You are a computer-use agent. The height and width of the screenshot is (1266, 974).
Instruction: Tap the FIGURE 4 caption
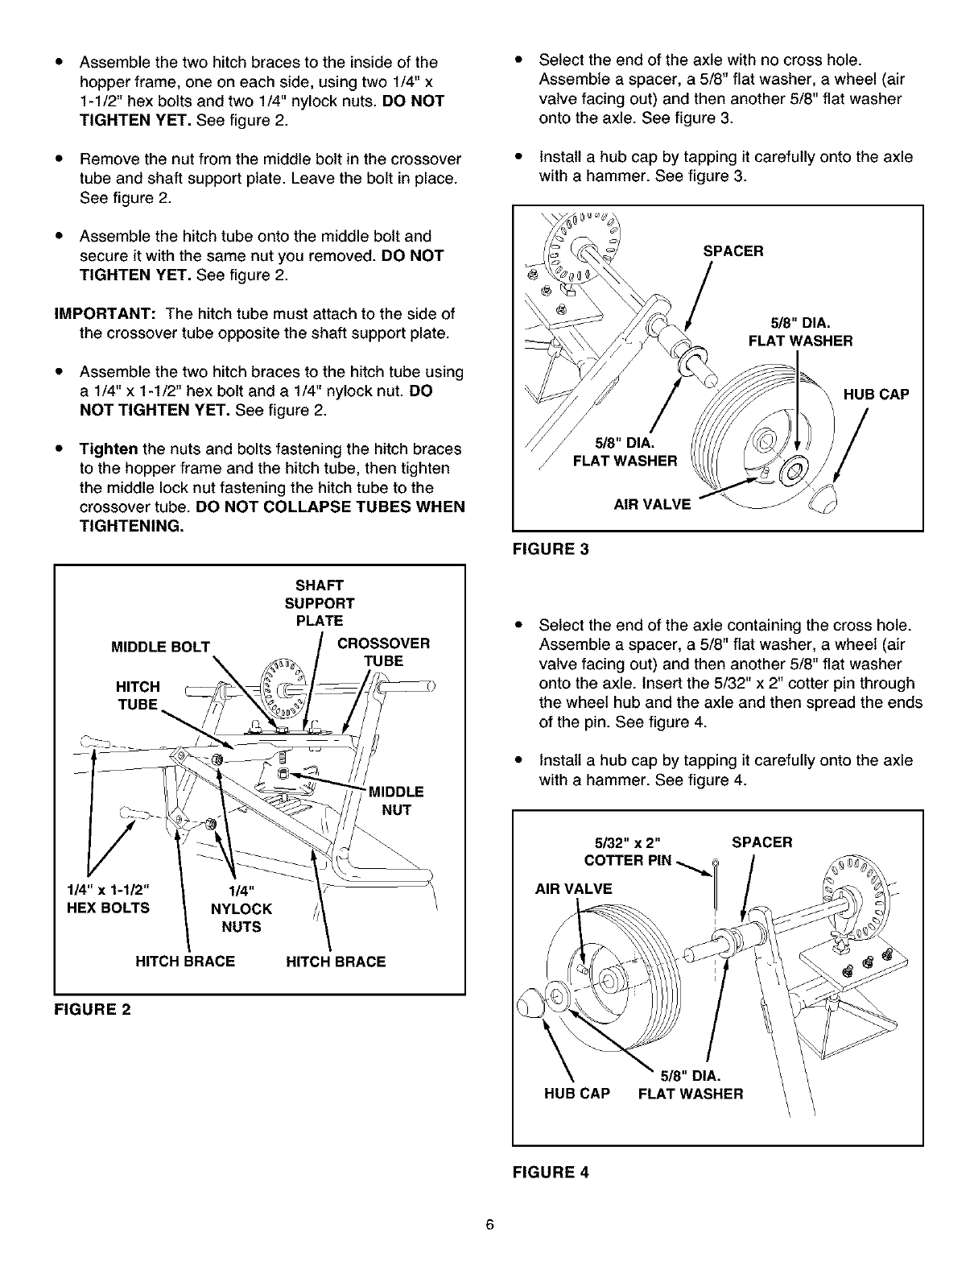click(x=551, y=1172)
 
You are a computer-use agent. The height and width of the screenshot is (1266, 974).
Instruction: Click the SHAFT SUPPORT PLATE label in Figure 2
click(x=319, y=602)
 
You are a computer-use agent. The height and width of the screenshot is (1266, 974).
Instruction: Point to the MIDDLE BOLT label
click(x=161, y=647)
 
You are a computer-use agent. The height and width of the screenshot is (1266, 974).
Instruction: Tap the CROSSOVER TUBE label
click(x=383, y=652)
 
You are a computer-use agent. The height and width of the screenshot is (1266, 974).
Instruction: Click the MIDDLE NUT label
click(x=395, y=801)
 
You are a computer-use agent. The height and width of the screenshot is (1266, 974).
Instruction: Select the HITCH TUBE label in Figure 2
click(x=138, y=695)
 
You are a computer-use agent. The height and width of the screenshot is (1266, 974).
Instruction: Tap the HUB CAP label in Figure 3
click(x=876, y=395)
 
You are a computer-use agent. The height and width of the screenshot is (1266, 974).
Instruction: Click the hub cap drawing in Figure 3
click(x=823, y=502)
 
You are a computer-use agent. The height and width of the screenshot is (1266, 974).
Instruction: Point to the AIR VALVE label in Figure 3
click(x=652, y=504)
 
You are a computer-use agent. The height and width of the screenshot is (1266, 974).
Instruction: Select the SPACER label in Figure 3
click(x=733, y=251)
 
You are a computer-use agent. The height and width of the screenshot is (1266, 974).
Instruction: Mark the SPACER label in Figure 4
click(x=761, y=842)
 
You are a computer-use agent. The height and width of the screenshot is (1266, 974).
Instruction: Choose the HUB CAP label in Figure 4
click(x=577, y=1094)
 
